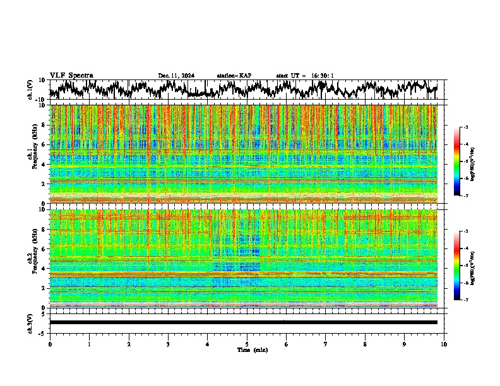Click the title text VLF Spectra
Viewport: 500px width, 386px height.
[71, 76]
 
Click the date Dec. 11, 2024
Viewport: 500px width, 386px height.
[176, 76]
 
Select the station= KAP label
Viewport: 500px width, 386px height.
[234, 76]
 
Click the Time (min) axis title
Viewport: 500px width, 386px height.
[252, 349]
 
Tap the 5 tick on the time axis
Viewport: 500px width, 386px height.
[247, 344]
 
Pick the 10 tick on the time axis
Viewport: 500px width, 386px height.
[444, 344]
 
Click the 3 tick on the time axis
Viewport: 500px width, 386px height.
[168, 344]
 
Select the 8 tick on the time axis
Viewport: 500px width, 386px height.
[365, 344]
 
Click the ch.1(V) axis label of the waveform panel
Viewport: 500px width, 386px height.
[30, 90]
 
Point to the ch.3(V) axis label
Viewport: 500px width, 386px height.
[30, 322]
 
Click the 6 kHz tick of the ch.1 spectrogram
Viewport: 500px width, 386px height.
[42, 144]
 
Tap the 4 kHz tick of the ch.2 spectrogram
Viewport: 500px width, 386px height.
[42, 269]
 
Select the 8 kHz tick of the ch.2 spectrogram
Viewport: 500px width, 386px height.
[42, 230]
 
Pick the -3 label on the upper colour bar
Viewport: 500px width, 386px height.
[465, 128]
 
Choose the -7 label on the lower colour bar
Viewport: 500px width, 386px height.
[465, 300]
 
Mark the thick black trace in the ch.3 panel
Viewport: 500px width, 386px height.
[244, 322]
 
